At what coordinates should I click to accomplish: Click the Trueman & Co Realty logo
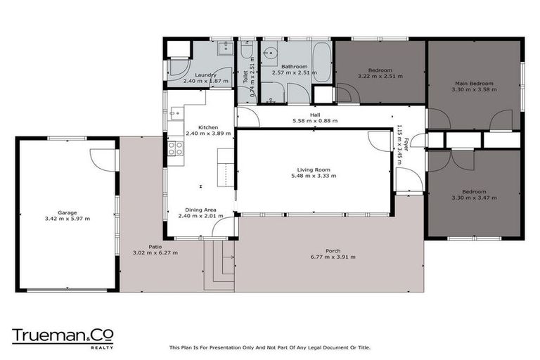tap(62, 337)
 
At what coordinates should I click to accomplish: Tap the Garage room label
tap(67, 212)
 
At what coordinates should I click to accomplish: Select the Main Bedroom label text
tap(472, 84)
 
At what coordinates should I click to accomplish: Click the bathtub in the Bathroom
tap(322, 62)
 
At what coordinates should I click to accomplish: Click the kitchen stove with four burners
tap(175, 148)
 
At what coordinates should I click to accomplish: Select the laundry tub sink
tap(226, 49)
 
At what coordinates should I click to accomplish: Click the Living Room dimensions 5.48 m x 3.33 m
tap(313, 176)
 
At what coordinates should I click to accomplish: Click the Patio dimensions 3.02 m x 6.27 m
tap(155, 252)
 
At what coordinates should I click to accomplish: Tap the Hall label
tap(314, 115)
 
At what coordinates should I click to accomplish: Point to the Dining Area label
tap(200, 210)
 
